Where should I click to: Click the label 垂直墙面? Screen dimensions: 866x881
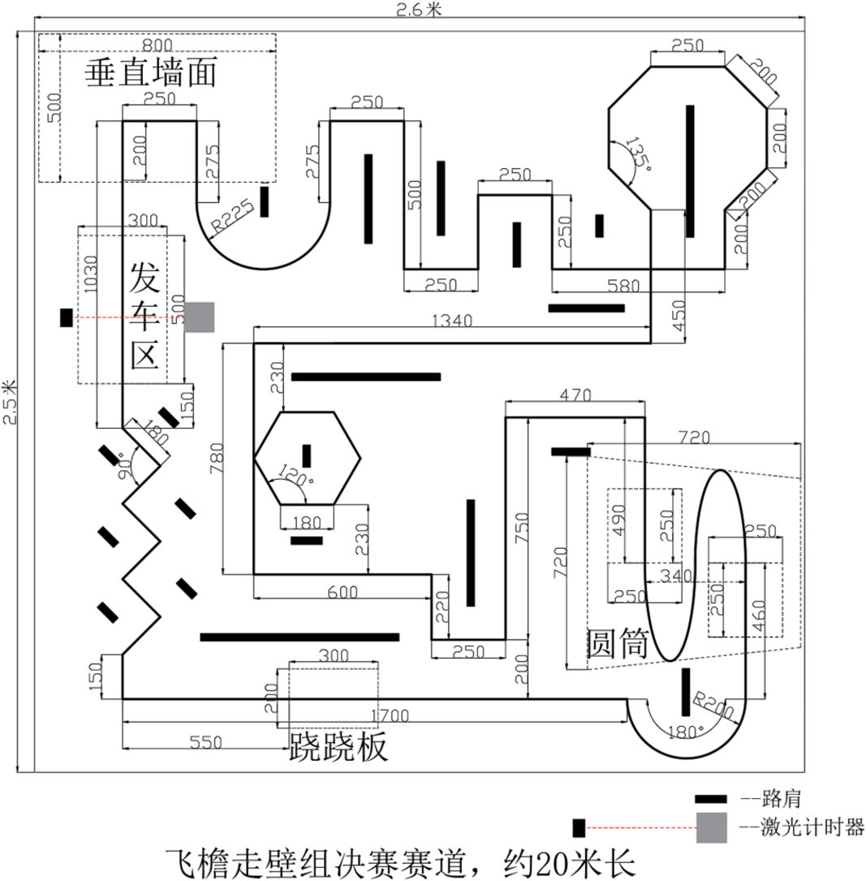pos(150,72)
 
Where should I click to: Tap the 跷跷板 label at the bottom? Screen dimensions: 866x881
pos(338,747)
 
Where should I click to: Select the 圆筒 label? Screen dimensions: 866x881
pos(618,643)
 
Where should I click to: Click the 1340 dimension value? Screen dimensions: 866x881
pos(452,321)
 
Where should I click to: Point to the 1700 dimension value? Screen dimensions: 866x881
pos(390,716)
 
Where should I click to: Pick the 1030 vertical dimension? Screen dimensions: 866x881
pos(90,274)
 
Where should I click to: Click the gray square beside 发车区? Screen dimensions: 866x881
pos(200,317)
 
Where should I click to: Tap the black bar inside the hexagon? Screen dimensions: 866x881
pos(307,456)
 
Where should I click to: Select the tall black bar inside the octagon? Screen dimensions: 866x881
pos(690,171)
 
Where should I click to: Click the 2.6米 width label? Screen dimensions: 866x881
pos(420,9)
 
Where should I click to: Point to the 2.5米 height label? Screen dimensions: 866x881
pos(10,402)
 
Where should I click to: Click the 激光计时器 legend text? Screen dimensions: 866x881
pos(812,827)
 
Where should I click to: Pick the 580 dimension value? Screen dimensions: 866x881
pos(623,286)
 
